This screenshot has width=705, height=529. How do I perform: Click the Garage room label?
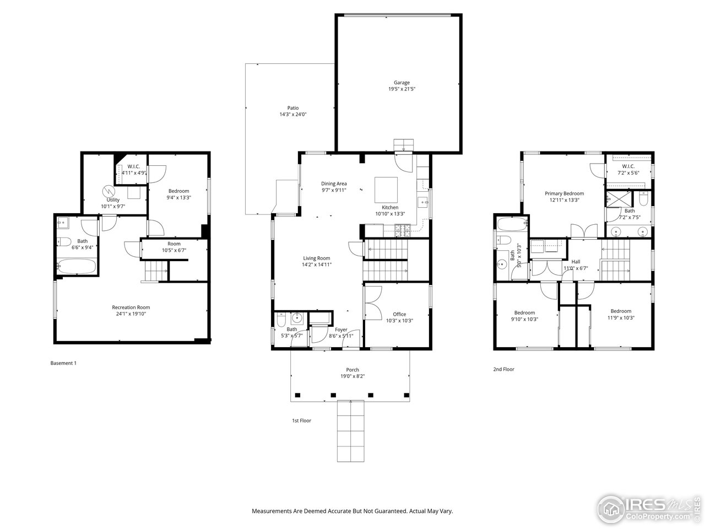(402, 83)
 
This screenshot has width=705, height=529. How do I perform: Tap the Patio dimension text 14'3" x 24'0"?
(292, 115)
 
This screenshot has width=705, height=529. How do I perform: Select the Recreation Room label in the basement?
(131, 307)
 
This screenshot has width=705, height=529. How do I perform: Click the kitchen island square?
(386, 190)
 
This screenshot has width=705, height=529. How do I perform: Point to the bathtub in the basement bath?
(77, 267)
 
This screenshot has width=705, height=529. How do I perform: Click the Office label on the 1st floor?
(399, 314)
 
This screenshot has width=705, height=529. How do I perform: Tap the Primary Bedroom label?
(564, 193)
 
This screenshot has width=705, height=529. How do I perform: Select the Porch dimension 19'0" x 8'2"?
(352, 377)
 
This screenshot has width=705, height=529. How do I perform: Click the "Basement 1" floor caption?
(63, 363)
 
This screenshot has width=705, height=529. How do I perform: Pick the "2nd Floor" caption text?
(503, 370)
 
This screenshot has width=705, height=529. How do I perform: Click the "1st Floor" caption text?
(301, 421)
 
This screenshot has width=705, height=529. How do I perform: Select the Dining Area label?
(334, 183)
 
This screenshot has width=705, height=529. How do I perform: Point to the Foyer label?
(341, 330)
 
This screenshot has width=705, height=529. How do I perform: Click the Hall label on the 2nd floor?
(576, 262)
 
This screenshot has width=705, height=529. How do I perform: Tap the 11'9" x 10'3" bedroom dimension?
(620, 318)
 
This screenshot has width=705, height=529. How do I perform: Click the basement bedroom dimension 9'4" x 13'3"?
(178, 197)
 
